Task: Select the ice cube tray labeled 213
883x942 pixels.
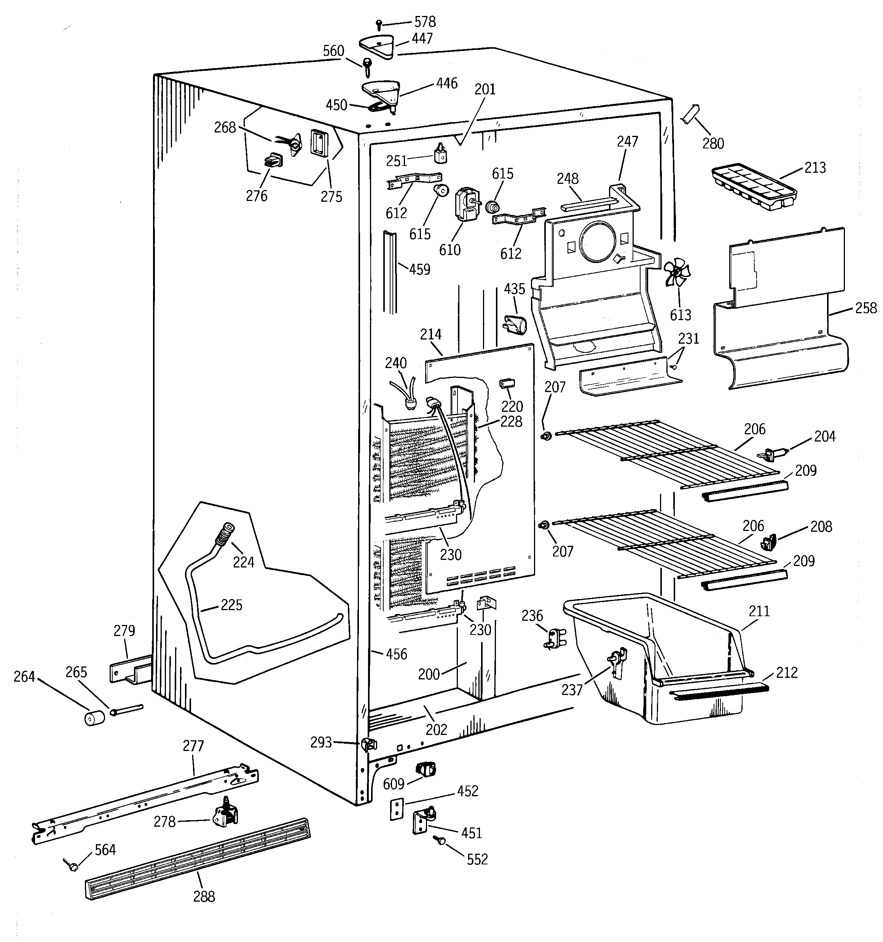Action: pos(754,189)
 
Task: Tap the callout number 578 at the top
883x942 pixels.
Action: pos(425,22)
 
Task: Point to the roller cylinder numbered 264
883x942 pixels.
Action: pos(94,718)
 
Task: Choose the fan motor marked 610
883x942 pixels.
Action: pos(465,205)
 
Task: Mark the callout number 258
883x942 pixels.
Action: pos(865,308)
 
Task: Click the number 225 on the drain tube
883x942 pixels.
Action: pos(231,605)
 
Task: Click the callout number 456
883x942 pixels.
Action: pos(396,654)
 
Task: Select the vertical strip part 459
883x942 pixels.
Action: pos(390,273)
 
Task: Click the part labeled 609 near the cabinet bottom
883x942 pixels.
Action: pos(425,769)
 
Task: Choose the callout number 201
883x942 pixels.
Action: pos(485,89)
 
